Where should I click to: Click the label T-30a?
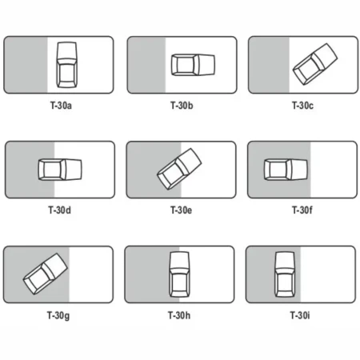point(61,106)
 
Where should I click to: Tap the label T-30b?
point(182,106)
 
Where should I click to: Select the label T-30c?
point(302,106)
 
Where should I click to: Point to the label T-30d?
point(59,210)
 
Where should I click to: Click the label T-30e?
point(181,210)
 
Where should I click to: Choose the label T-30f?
point(302,210)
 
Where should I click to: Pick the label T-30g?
point(58,316)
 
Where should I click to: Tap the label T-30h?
point(179,315)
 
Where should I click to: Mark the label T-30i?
point(300,315)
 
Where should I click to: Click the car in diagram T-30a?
point(67,65)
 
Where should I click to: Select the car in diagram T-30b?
point(193,65)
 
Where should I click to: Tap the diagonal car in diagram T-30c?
point(315,64)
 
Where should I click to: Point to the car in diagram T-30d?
point(60,170)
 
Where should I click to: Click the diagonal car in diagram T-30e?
point(179,169)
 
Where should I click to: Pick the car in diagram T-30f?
point(286,170)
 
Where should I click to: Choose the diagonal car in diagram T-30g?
point(45,274)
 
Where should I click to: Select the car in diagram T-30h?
point(179,274)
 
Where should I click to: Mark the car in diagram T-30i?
point(285,274)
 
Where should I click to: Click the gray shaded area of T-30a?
point(26,65)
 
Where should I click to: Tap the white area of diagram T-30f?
point(334,170)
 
